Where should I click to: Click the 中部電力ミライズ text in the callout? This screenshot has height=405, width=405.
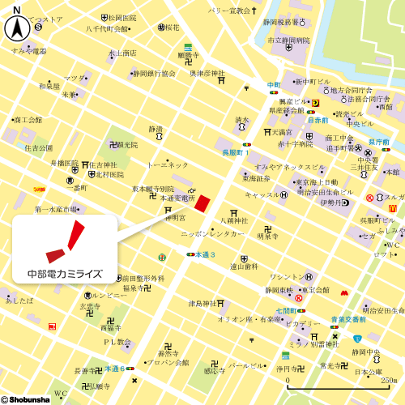65,272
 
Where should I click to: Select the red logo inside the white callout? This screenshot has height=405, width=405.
64,240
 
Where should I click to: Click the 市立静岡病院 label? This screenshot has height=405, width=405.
289,39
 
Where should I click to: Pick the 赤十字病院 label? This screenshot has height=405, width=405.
294,143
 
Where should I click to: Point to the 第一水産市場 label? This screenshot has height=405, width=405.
61,209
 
